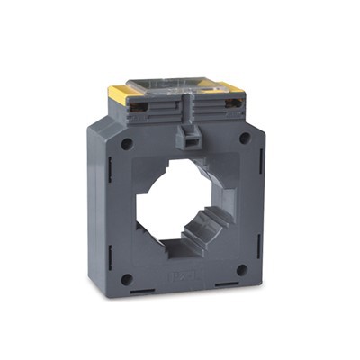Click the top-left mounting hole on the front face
pyautogui.click(x=127, y=144)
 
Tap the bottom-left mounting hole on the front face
pyautogui.click(x=127, y=279)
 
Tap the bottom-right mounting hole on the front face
pyautogui.click(x=241, y=269)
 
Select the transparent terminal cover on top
pyautogui.click(x=171, y=86)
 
